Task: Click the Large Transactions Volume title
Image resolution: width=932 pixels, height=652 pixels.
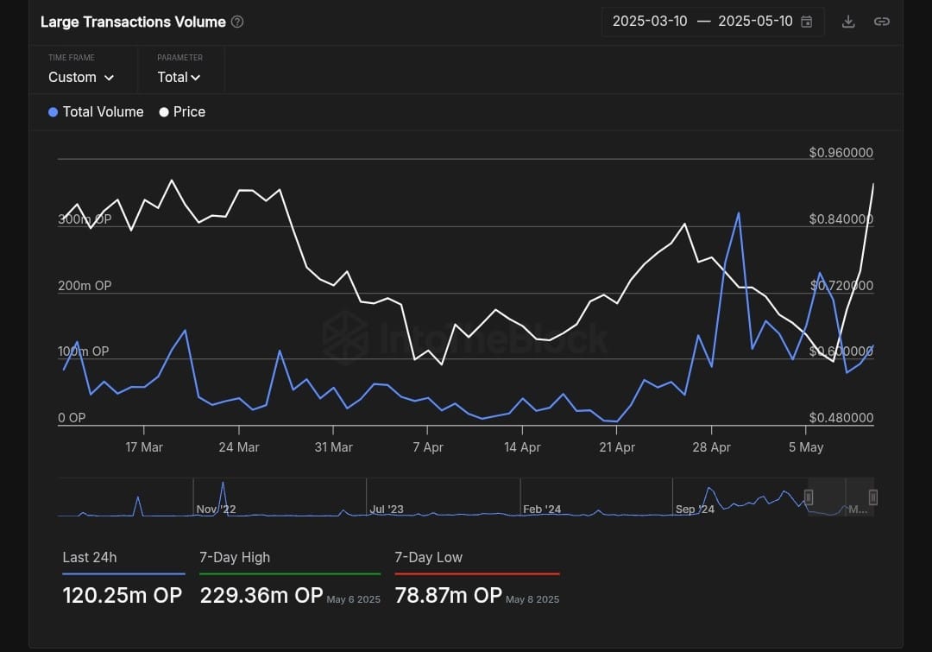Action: [133, 22]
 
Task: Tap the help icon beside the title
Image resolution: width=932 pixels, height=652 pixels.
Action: [237, 22]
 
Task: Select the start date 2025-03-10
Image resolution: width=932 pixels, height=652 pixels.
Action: [650, 22]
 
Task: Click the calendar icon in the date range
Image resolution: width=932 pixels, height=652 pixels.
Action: [807, 22]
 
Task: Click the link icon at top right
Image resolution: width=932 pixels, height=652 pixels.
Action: [881, 22]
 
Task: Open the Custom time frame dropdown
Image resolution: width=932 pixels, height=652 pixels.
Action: [81, 77]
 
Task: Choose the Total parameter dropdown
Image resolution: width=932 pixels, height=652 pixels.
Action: [179, 77]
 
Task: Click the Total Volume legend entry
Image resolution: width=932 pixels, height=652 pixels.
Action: [96, 111]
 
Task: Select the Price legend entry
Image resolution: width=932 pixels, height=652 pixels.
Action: [182, 111]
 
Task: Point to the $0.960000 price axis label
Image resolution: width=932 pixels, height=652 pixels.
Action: [841, 153]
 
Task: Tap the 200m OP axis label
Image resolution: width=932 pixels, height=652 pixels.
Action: [85, 286]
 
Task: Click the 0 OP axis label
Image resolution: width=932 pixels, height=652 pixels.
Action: [72, 418]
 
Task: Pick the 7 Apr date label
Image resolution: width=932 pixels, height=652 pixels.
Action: [428, 447]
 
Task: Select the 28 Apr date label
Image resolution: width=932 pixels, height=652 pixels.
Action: [711, 447]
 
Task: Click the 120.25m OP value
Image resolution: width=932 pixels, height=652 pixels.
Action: [122, 595]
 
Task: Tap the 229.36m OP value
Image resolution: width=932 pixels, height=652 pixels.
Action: [261, 595]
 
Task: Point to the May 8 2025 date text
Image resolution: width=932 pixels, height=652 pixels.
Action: [532, 598]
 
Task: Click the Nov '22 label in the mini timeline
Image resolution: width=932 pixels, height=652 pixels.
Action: [216, 509]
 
